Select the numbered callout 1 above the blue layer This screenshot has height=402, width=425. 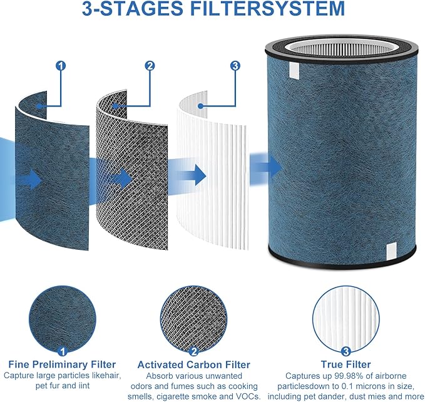click(60, 65)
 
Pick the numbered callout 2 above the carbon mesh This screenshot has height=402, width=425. click(149, 65)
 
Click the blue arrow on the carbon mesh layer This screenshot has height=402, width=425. click(119, 178)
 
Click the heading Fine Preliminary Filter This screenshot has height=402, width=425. click(61, 364)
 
